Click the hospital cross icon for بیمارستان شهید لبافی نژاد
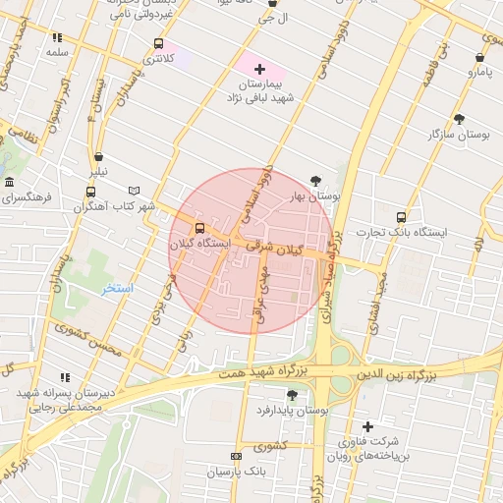pos(259,69)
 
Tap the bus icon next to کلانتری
pos(159,44)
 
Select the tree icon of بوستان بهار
pos(314,181)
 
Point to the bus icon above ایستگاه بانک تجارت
pos(400,217)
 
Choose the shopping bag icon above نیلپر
pos(98,157)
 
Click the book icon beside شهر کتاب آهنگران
pos(134,191)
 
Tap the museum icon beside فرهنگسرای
pos(9,183)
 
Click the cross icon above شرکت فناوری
pos(368,426)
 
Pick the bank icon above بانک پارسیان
pos(236,457)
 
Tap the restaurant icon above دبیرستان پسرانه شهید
pos(65,377)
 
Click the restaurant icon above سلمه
pos(56,37)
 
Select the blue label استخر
pos(118,289)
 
